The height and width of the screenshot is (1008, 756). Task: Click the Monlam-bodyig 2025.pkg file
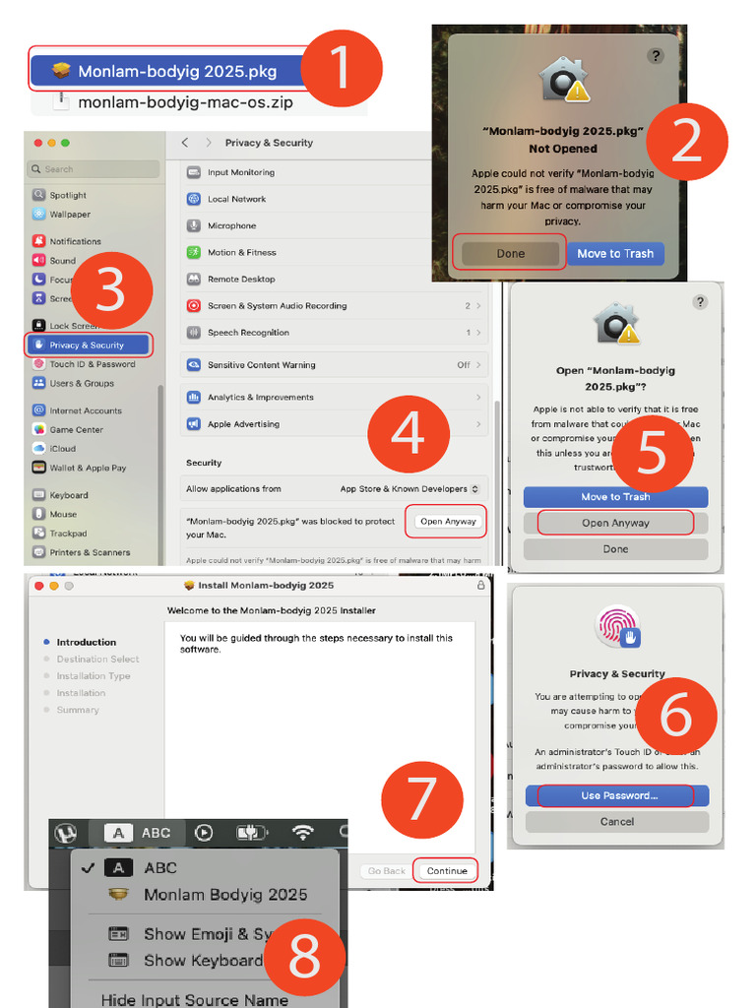(x=167, y=71)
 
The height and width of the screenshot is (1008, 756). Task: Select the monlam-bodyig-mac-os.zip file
(x=185, y=101)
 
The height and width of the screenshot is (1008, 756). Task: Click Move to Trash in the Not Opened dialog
(x=615, y=253)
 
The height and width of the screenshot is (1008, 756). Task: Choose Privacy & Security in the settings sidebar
(x=88, y=346)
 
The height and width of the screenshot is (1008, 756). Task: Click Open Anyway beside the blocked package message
(x=447, y=522)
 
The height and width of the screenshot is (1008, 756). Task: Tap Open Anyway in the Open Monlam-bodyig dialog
(x=615, y=523)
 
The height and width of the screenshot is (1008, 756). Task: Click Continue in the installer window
(x=447, y=871)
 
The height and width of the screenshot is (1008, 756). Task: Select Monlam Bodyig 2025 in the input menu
(x=224, y=895)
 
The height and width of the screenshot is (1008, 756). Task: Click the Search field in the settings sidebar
(x=94, y=169)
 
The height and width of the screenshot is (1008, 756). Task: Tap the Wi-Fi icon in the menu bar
(x=303, y=833)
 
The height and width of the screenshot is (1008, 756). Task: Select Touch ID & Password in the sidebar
(x=92, y=364)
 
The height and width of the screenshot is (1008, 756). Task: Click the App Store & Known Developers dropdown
(x=409, y=489)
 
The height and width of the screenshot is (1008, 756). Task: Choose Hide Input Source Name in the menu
(x=194, y=1000)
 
